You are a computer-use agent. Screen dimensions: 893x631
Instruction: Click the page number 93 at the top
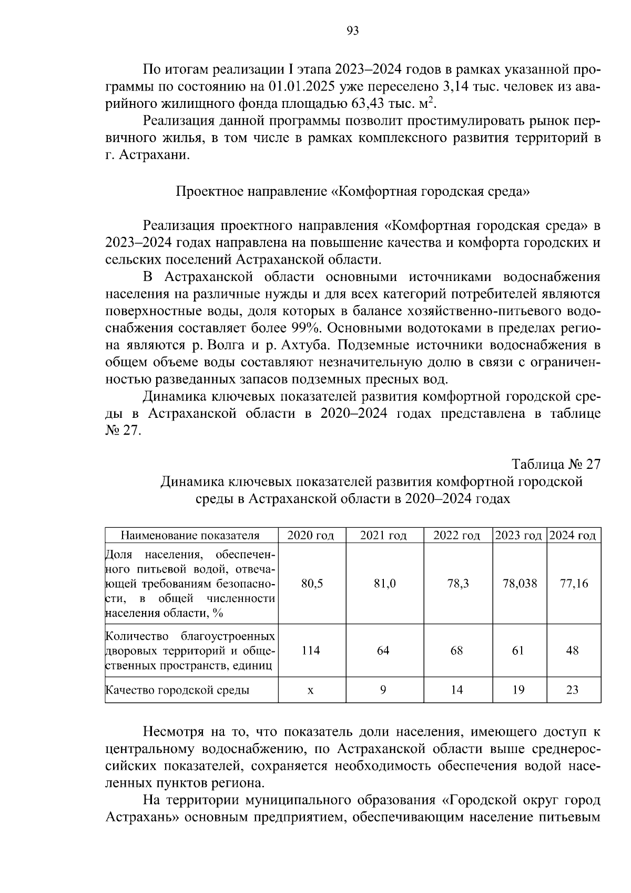pyautogui.click(x=353, y=31)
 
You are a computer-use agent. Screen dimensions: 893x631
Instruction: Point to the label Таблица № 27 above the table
pyautogui.click(x=556, y=465)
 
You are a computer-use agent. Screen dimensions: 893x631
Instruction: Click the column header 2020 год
pyautogui.click(x=311, y=536)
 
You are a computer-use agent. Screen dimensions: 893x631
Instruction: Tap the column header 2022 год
pyautogui.click(x=456, y=536)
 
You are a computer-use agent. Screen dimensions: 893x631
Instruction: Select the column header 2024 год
pyautogui.click(x=572, y=536)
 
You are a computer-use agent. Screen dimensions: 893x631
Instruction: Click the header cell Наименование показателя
pyautogui.click(x=191, y=536)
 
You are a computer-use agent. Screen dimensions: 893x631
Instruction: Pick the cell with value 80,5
pyautogui.click(x=311, y=584)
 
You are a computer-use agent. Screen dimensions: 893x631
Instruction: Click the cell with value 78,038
pyautogui.click(x=518, y=584)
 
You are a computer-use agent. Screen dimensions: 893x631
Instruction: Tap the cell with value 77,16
pyautogui.click(x=574, y=584)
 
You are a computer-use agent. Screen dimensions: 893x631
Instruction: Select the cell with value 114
pyautogui.click(x=311, y=650)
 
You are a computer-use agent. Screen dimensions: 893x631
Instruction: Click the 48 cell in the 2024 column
pyautogui.click(x=573, y=650)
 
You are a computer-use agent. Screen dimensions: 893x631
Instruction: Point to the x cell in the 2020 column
pyautogui.click(x=311, y=690)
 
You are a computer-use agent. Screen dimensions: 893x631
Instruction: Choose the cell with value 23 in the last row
pyautogui.click(x=573, y=690)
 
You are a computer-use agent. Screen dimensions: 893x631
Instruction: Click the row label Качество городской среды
pyautogui.click(x=178, y=690)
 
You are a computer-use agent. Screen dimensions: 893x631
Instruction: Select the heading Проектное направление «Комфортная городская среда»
pyautogui.click(x=352, y=191)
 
